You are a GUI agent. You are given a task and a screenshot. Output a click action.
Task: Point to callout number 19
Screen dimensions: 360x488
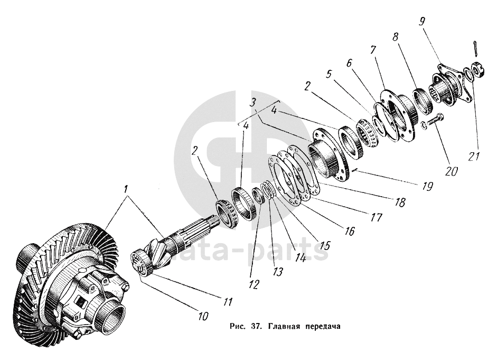[x=427, y=186]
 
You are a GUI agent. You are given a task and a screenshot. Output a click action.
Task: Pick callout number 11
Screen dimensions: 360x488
[x=228, y=302]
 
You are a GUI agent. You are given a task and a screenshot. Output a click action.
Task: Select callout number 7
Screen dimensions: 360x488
[x=373, y=50]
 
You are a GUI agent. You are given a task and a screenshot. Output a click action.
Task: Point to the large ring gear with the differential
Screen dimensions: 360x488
[x=63, y=270]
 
